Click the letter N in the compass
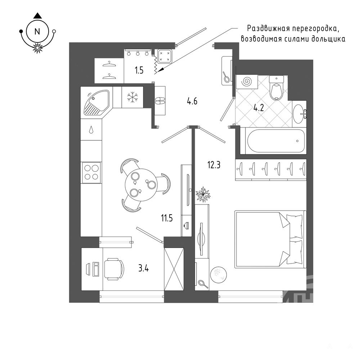[37, 31]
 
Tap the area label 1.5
[139, 70]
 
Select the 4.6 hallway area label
[192, 101]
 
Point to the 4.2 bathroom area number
[258, 107]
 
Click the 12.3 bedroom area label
[214, 165]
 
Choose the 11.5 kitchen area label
[167, 218]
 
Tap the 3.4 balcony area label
[144, 268]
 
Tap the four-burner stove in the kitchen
[91, 172]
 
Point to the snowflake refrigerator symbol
[132, 97]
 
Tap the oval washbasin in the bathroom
[300, 112]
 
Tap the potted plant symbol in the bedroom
[203, 194]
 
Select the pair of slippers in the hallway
[160, 100]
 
